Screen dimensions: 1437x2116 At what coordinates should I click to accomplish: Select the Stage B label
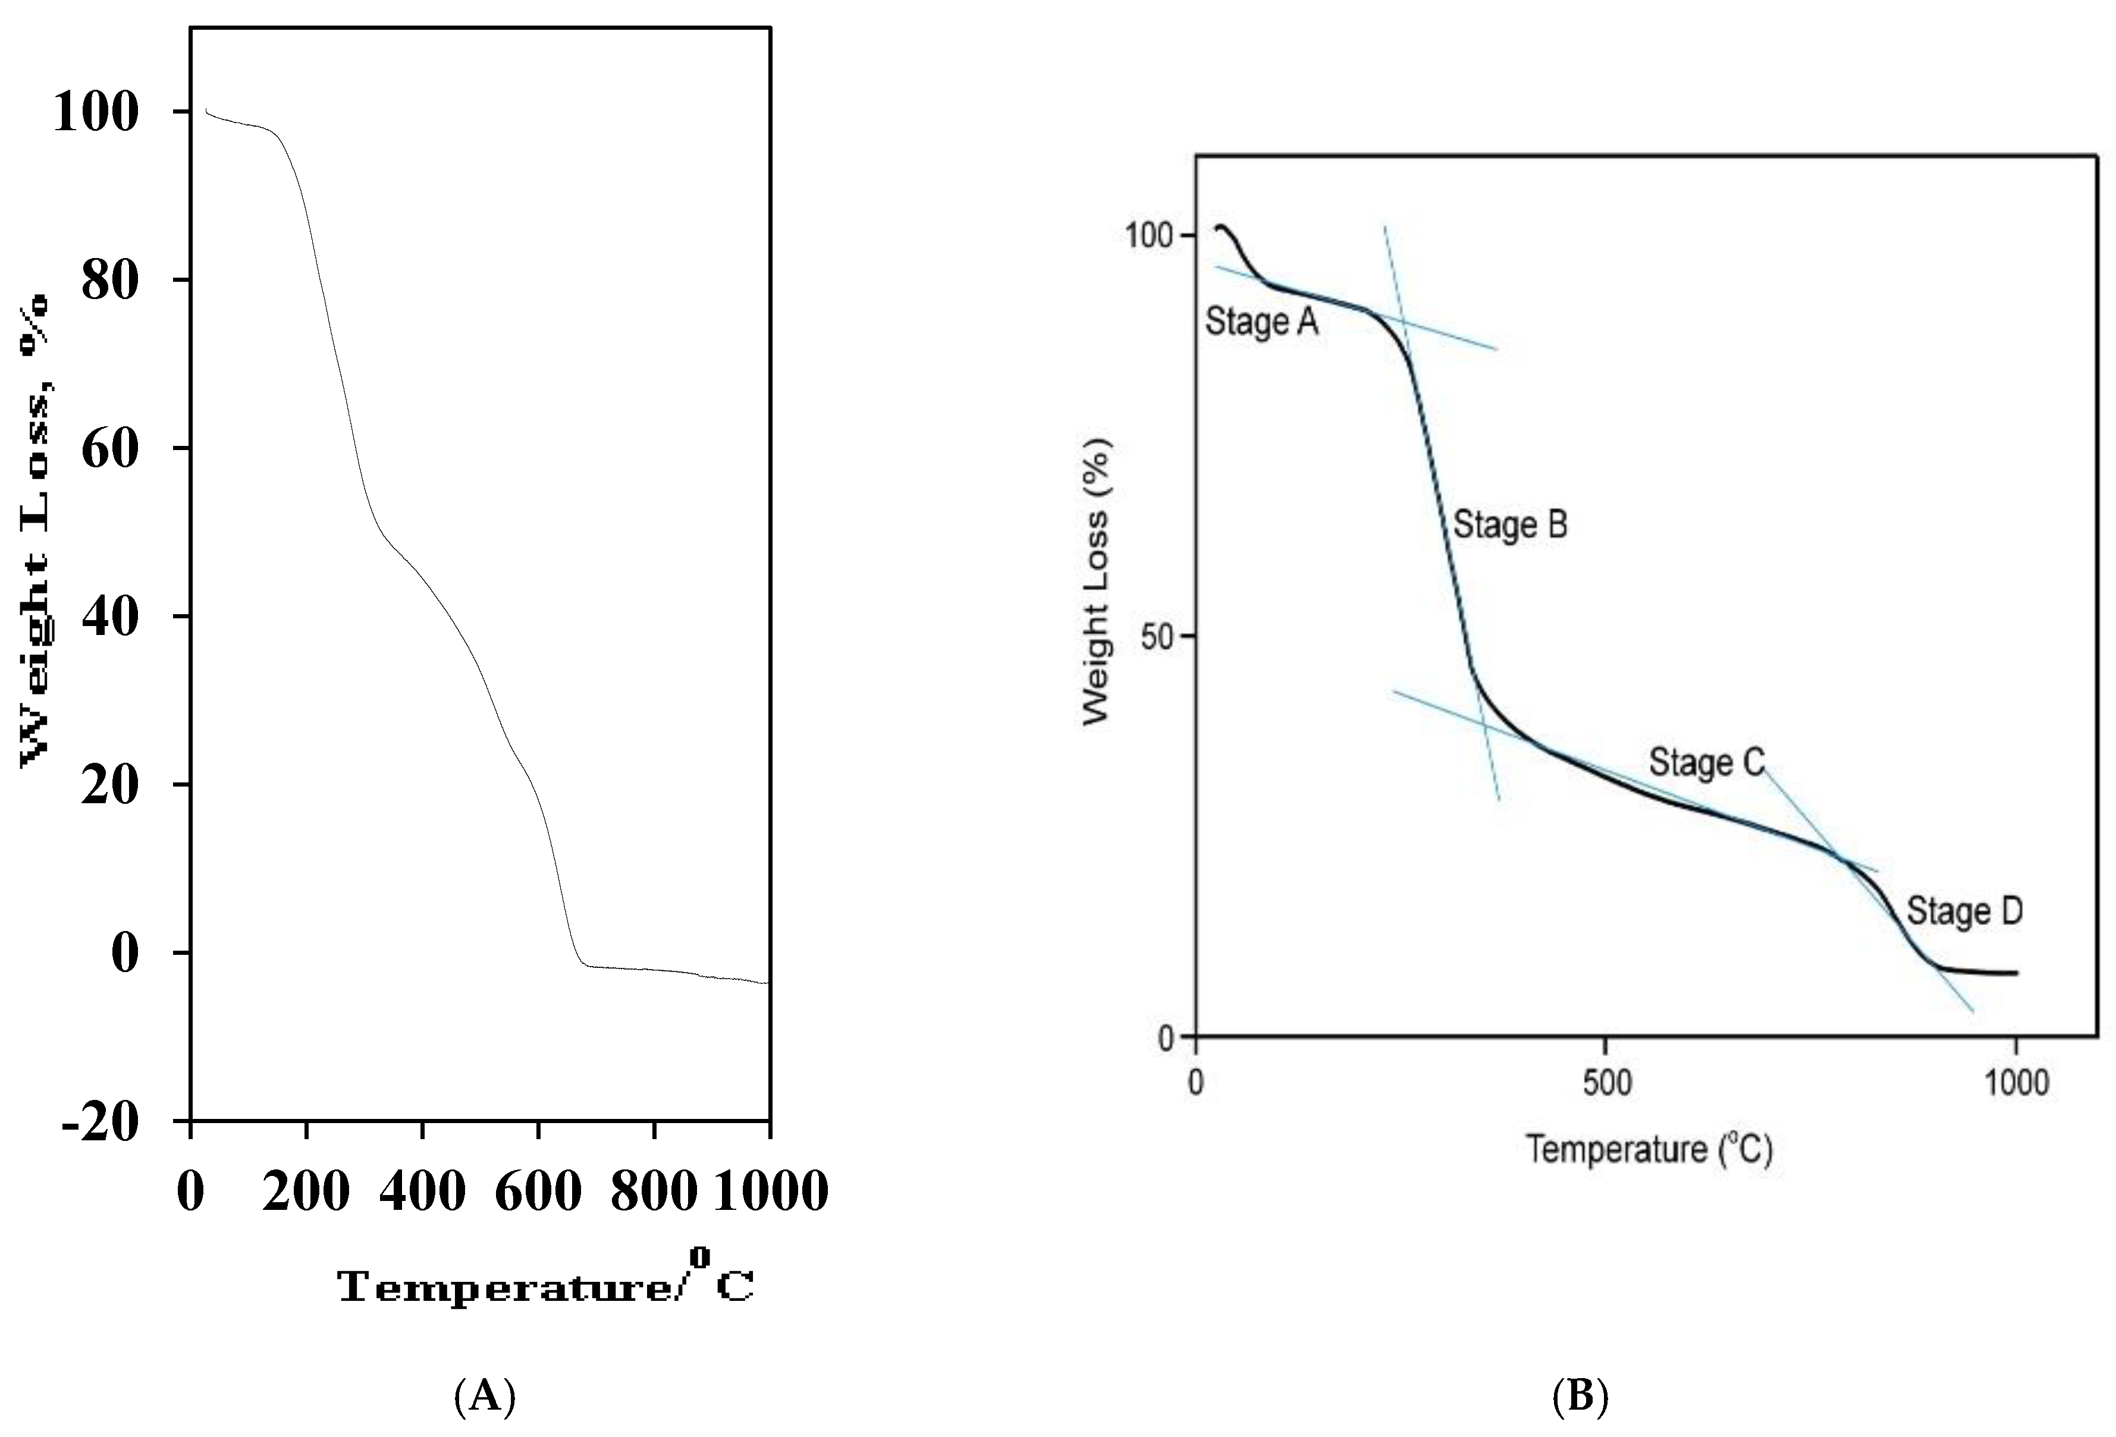click(1509, 525)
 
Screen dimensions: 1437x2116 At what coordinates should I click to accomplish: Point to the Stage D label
click(1964, 911)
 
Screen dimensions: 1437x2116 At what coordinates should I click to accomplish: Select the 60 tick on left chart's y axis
click(110, 449)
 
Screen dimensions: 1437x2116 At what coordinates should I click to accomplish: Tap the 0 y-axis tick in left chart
click(125, 953)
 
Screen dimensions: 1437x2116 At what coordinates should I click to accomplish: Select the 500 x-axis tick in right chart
click(1607, 1083)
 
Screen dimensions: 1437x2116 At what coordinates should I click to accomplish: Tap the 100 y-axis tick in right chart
click(1147, 235)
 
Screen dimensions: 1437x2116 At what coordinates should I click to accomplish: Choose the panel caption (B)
click(1580, 1395)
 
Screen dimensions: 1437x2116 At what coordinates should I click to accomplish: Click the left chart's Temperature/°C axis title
click(545, 1282)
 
